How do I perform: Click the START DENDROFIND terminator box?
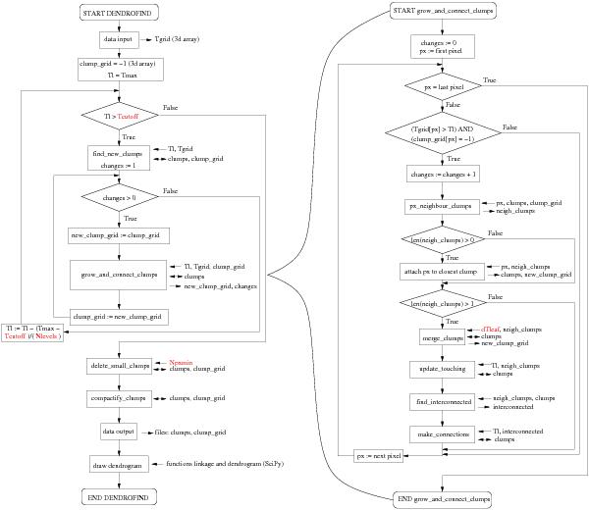pos(118,12)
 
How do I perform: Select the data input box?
pos(118,40)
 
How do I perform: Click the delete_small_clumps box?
pos(119,366)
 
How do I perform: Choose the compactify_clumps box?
pos(118,399)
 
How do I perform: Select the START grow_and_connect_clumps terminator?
pos(443,12)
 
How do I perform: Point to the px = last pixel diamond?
pos(443,86)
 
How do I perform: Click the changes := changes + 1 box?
pos(443,173)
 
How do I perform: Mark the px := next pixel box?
pos(381,456)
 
